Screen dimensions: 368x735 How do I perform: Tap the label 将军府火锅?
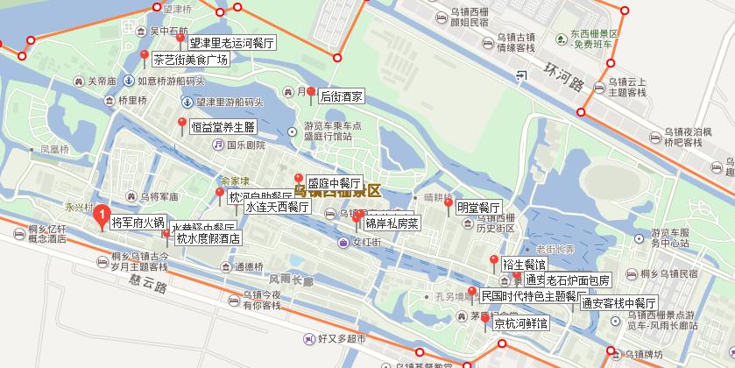pyautogui.click(x=138, y=223)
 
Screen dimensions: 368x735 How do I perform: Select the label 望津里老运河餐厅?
pyautogui.click(x=232, y=42)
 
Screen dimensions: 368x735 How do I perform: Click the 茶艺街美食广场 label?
pyautogui.click(x=190, y=60)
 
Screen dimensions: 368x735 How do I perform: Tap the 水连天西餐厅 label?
pyautogui.click(x=277, y=208)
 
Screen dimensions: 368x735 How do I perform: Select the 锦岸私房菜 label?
pyautogui.click(x=392, y=223)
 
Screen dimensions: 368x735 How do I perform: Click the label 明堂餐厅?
pyautogui.click(x=478, y=209)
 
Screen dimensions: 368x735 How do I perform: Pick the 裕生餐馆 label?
pyautogui.click(x=524, y=264)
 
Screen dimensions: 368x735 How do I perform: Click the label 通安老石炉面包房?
pyautogui.click(x=567, y=280)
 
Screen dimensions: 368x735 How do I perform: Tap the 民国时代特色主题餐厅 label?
pyautogui.click(x=534, y=296)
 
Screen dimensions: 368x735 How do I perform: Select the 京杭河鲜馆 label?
pyautogui.click(x=520, y=323)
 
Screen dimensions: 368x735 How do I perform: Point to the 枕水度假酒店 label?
pyautogui.click(x=208, y=238)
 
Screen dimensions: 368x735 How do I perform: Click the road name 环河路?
pyautogui.click(x=562, y=76)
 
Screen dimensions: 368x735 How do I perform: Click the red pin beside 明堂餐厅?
pyautogui.click(x=449, y=205)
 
